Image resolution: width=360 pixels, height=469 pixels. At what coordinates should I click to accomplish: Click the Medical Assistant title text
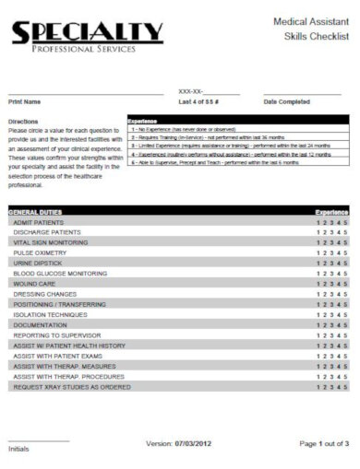(311, 19)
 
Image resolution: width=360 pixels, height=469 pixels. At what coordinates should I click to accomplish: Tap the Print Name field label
(25, 101)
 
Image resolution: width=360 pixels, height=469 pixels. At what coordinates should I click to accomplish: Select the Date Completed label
(286, 101)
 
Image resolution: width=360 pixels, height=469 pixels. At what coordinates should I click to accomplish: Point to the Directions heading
(23, 121)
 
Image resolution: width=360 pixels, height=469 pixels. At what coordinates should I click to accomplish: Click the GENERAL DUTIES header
(36, 212)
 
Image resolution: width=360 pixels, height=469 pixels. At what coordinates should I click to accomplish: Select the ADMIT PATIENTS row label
(38, 222)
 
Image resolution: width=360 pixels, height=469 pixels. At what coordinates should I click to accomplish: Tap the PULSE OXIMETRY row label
(40, 252)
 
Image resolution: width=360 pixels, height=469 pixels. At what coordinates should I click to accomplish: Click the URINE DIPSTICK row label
(37, 263)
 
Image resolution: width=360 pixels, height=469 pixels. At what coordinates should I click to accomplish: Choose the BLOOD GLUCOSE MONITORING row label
(60, 274)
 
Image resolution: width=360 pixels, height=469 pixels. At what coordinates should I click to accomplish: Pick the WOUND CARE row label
(34, 284)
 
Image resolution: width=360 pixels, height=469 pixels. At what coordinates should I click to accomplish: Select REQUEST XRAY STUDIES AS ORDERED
(72, 387)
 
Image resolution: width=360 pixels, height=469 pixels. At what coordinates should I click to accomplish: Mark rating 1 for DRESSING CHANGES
(318, 294)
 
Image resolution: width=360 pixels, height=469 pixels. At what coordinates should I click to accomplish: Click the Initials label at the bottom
(18, 449)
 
